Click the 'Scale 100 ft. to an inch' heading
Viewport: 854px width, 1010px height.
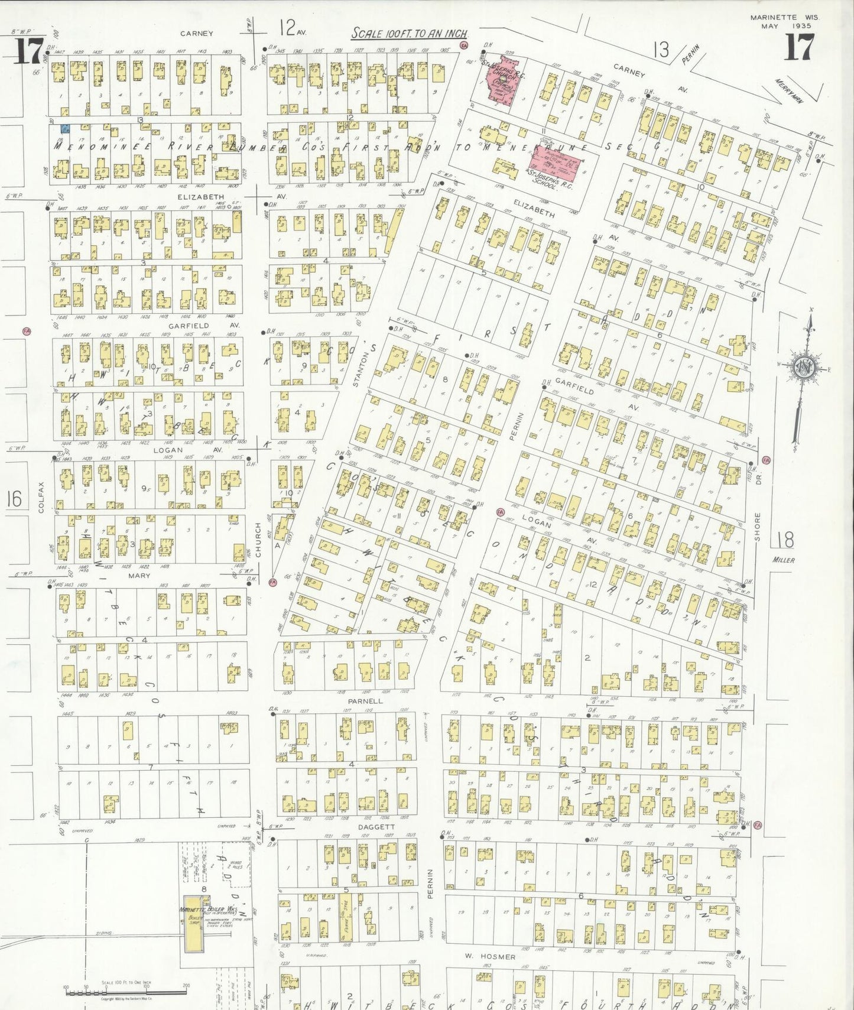(x=409, y=34)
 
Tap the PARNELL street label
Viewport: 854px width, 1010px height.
(x=365, y=700)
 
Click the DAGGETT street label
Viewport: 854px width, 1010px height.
(x=376, y=827)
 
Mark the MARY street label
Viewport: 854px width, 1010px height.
(x=139, y=575)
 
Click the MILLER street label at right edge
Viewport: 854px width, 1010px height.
(x=784, y=560)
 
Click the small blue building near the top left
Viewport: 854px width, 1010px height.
(x=67, y=128)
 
